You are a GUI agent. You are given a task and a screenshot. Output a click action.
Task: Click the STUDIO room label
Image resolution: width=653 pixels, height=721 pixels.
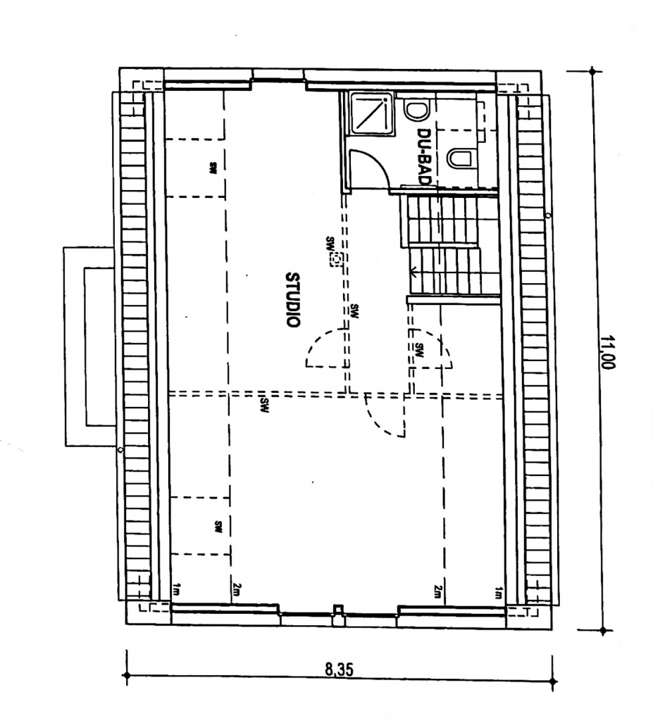[x=292, y=300]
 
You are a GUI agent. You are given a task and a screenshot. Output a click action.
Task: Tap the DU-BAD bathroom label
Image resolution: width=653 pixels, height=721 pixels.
[x=423, y=156]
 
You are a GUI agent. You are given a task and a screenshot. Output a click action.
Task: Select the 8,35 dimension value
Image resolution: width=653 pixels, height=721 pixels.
[x=340, y=670]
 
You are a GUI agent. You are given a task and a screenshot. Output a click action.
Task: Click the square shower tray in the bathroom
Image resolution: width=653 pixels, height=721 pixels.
[x=372, y=114]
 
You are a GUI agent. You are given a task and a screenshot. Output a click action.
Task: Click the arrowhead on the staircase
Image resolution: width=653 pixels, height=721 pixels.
[x=413, y=272]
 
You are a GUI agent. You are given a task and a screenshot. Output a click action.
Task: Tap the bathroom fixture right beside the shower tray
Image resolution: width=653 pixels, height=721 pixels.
[x=416, y=111]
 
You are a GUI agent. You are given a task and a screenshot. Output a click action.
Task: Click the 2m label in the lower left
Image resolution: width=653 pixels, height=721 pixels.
[x=237, y=589]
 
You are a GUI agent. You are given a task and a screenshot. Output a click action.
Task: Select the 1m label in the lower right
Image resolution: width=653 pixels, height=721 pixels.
[x=498, y=593]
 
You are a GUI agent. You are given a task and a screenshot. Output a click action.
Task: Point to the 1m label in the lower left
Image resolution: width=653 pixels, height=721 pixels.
[x=176, y=589]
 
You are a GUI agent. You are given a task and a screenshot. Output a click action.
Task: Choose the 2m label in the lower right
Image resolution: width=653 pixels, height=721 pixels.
[x=437, y=591]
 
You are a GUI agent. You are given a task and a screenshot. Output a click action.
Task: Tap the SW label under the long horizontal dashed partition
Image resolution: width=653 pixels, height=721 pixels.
[x=264, y=405]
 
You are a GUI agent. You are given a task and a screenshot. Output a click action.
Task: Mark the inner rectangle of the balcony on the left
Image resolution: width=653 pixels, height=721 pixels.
[x=100, y=346]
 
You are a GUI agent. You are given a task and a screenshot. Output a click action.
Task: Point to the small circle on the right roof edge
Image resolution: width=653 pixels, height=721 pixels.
[x=547, y=215]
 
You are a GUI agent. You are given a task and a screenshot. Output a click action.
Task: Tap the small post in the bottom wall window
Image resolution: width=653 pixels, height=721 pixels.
[x=339, y=610]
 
